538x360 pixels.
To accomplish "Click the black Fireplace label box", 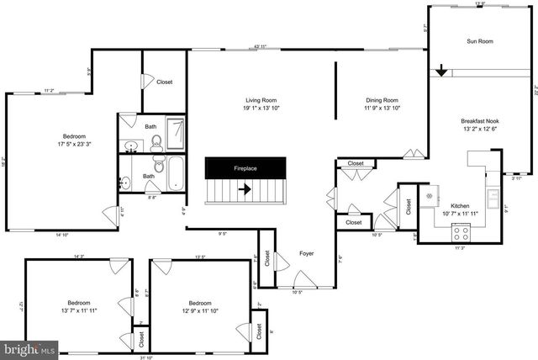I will [245, 168].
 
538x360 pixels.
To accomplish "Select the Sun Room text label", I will [480, 40].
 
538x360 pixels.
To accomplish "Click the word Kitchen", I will [460, 206].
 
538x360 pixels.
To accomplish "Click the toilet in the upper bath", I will [156, 145].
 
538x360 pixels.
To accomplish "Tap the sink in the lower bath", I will [126, 180].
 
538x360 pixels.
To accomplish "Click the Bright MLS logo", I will [29, 347].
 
